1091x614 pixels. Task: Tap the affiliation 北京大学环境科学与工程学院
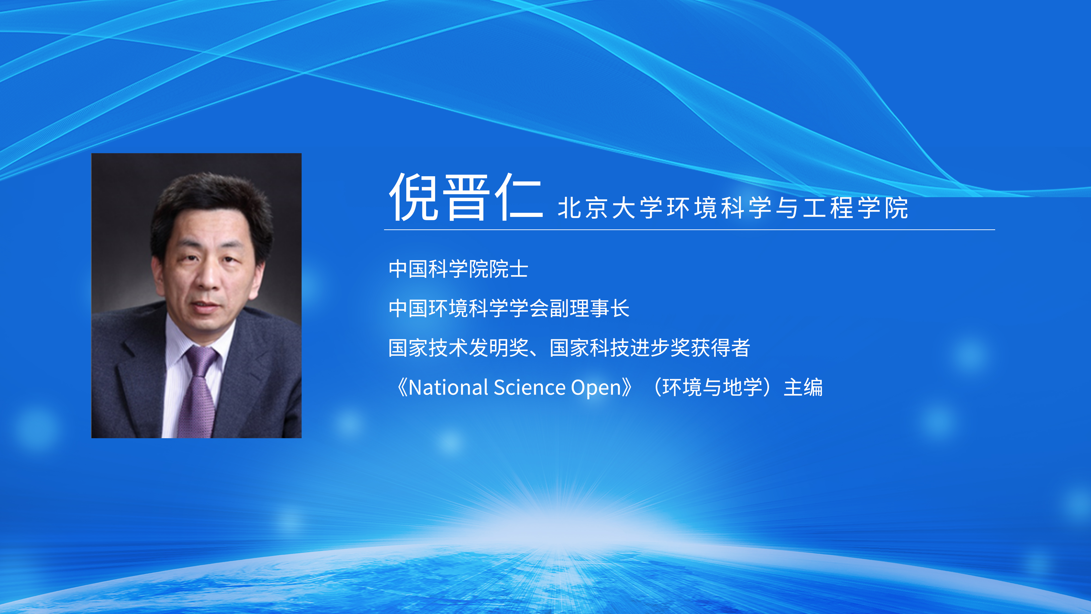click(733, 208)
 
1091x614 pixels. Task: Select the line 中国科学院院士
click(458, 269)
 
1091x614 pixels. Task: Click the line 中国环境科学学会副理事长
click(509, 308)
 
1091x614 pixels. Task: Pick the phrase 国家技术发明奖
click(459, 347)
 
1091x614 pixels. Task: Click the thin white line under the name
click(690, 230)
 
